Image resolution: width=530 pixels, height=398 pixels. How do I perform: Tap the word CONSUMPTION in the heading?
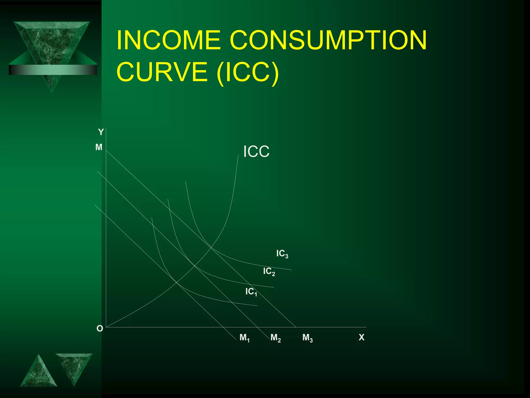[x=328, y=40]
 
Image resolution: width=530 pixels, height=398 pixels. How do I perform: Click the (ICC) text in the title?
[x=248, y=72]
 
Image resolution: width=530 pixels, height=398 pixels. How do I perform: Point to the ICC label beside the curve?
[x=256, y=152]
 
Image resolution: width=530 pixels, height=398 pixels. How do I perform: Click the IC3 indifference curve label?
[x=282, y=254]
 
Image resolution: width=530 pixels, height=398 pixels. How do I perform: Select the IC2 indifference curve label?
[x=269, y=272]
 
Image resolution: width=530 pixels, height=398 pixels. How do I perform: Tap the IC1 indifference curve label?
[x=251, y=292]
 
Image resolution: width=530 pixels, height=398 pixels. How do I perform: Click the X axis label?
[x=362, y=337]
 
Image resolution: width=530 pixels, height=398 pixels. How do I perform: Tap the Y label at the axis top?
[x=101, y=132]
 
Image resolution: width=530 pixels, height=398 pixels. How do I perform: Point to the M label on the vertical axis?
[x=99, y=147]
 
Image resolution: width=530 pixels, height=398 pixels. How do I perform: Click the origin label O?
[x=100, y=329]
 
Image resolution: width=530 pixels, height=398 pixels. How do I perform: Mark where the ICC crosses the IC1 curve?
[x=176, y=282]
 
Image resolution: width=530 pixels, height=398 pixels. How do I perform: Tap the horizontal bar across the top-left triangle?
[x=53, y=70]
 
